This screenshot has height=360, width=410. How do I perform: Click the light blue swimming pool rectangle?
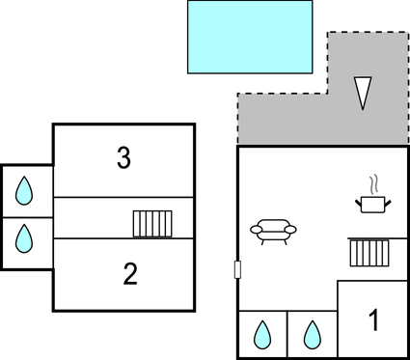point(250,37)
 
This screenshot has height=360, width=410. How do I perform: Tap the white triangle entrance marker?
point(363,93)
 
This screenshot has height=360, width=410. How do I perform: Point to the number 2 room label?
point(130,274)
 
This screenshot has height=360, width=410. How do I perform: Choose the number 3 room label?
point(123,159)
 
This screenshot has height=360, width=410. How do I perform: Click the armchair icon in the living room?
point(273,230)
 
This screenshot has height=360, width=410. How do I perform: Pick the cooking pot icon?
point(371,203)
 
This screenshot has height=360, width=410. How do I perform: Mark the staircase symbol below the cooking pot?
point(367,253)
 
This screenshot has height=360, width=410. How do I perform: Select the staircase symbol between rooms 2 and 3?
point(152,224)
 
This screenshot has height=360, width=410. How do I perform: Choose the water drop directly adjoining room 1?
point(312,335)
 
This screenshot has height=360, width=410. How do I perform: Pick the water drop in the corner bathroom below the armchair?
point(261,335)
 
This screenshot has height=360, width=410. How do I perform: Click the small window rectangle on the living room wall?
point(237,270)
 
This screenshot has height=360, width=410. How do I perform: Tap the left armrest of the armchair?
point(256,230)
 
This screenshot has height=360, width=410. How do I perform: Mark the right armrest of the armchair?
point(291,230)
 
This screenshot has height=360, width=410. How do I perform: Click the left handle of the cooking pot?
point(360,200)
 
